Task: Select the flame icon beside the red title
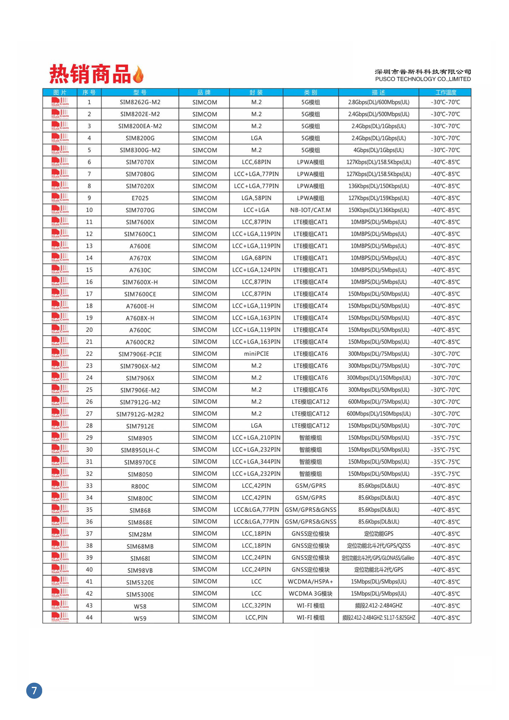pos(138,75)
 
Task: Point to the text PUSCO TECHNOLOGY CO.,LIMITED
pos(423,79)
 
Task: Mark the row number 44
pos(89,617)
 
